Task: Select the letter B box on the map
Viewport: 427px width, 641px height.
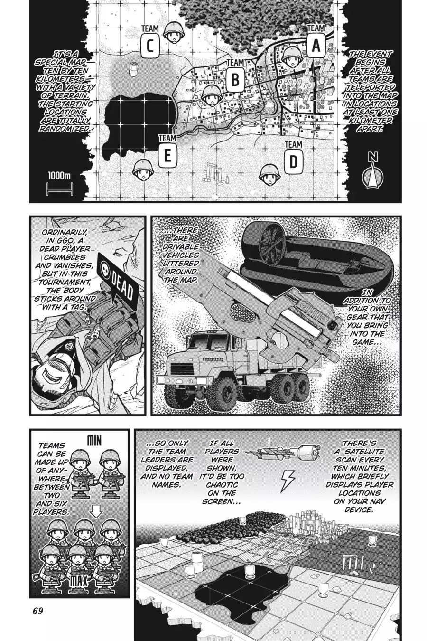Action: click(x=235, y=80)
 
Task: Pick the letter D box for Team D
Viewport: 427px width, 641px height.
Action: click(x=294, y=162)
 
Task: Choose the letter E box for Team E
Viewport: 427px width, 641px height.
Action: click(x=167, y=156)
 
